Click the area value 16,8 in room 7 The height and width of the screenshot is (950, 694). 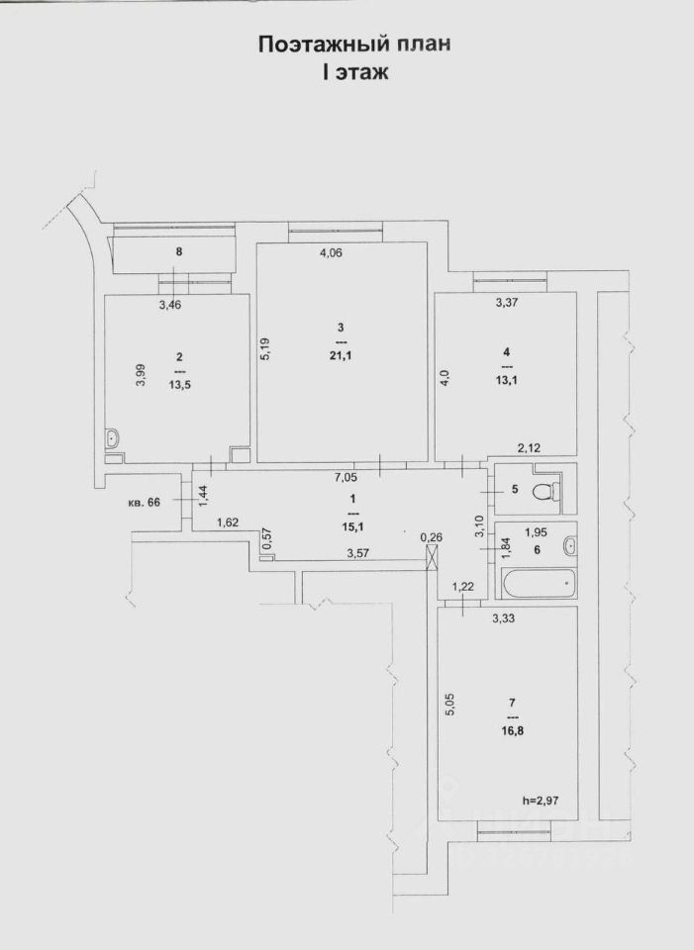512,732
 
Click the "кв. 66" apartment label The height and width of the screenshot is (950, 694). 146,503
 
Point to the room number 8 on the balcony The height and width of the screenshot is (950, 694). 179,252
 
